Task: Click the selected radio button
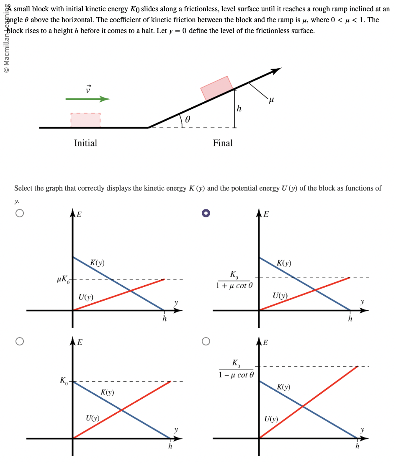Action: click(206, 213)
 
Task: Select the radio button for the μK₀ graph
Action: click(19, 213)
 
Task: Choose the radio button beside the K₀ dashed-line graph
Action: click(19, 341)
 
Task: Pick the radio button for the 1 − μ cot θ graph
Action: click(206, 341)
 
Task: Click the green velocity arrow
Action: click(87, 99)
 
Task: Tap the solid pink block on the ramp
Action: click(216, 88)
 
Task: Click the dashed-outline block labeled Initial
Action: click(85, 119)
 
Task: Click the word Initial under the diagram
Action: click(85, 143)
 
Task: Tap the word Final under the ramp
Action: click(222, 143)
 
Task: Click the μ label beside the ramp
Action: click(271, 100)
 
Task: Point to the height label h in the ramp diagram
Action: click(239, 109)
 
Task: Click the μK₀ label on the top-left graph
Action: click(63, 279)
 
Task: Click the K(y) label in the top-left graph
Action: click(97, 263)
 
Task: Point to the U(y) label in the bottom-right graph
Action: click(271, 419)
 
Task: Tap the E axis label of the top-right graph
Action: click(266, 215)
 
